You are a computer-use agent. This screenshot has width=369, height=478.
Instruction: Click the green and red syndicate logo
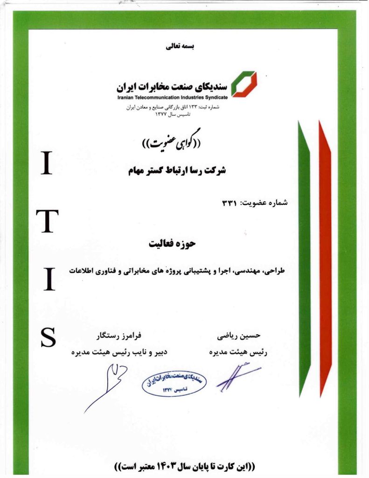coord(244,84)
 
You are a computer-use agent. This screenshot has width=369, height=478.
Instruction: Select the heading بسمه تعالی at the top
coord(180,47)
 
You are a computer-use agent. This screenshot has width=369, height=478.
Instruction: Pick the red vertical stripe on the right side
coord(325,257)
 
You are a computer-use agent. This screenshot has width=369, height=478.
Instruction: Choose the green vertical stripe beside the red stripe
coord(304,257)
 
